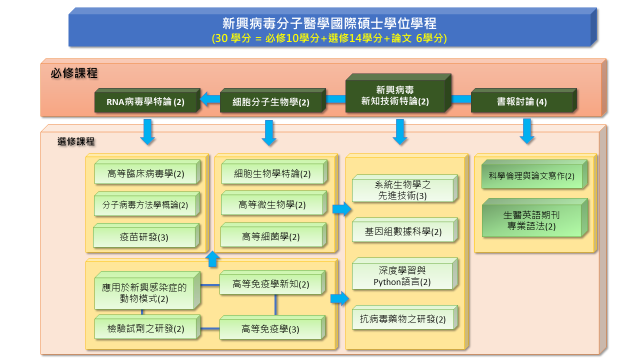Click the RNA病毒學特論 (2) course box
[145, 102]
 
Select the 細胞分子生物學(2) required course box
[271, 102]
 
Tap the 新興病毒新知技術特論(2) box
[395, 95]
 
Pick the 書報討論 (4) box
[521, 102]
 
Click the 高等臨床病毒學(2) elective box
[145, 174]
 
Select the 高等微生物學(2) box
[272, 205]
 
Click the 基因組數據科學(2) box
[403, 232]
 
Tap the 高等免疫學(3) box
[270, 329]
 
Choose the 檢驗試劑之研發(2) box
[146, 329]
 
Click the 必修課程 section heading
[74, 73]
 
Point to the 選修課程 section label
[76, 141]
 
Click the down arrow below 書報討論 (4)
[527, 131]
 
